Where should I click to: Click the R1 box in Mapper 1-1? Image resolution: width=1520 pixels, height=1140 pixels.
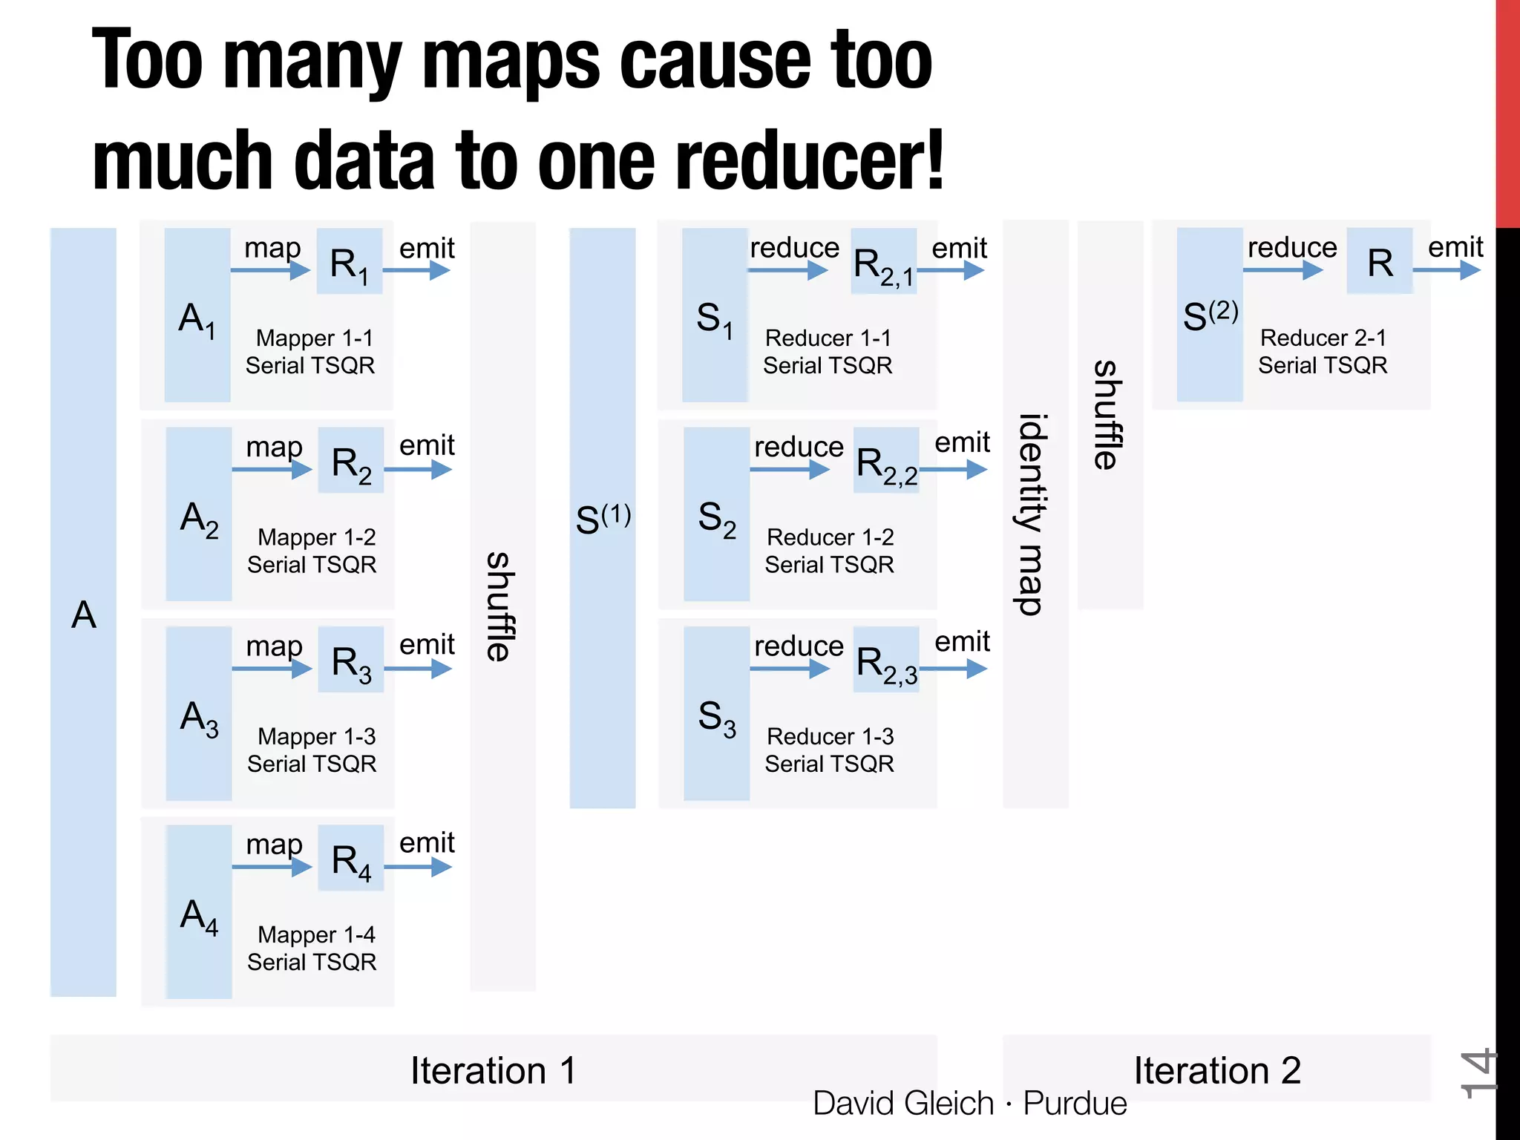(349, 262)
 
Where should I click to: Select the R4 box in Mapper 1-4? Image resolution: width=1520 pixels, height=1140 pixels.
(350, 859)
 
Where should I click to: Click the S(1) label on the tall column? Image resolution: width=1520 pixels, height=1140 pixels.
(603, 518)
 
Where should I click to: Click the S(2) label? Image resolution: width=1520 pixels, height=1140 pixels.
(1210, 315)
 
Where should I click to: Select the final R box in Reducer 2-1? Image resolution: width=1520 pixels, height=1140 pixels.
(1380, 262)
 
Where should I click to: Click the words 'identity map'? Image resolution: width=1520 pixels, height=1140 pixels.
(1033, 514)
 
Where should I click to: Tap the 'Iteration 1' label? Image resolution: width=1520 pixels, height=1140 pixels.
(493, 1070)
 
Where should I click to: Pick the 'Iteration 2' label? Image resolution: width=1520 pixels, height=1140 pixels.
(1217, 1070)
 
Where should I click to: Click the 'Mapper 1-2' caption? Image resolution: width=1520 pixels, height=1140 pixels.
(316, 537)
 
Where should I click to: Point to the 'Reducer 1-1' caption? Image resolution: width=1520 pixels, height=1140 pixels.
(828, 338)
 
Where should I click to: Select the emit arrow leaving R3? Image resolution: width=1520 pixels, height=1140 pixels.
(418, 669)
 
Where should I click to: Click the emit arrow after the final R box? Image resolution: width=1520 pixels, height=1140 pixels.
(1447, 270)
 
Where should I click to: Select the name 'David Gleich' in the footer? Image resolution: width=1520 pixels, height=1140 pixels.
(902, 1103)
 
